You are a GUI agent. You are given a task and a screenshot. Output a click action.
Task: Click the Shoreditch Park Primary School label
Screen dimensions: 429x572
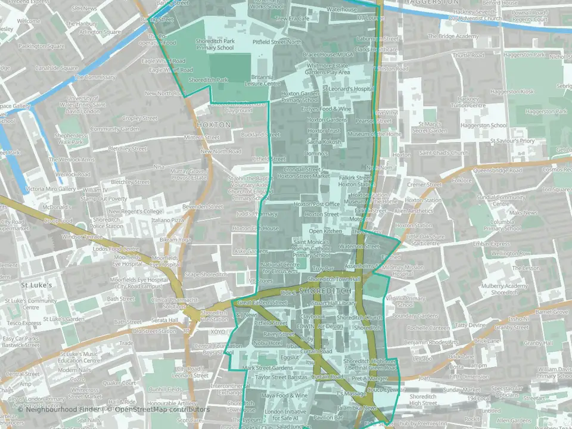pos(215,45)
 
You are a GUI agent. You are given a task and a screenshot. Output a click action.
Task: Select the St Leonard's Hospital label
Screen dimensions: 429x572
pos(347,88)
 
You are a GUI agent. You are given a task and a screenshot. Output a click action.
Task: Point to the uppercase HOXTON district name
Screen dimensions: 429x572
pos(213,125)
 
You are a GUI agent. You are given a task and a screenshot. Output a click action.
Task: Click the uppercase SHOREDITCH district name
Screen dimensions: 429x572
pos(322,290)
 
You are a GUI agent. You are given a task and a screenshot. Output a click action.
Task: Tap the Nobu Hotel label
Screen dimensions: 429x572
pos(266,343)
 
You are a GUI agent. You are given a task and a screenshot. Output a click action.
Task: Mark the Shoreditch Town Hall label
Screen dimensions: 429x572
pos(334,279)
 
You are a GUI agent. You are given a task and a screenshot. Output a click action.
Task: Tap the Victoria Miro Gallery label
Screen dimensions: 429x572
pos(50,189)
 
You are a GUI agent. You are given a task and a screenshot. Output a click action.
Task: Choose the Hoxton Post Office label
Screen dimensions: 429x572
pos(316,204)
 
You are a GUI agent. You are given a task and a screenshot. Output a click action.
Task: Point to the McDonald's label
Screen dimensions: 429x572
pos(58,206)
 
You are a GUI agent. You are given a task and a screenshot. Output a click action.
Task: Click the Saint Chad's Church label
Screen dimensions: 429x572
pos(444,153)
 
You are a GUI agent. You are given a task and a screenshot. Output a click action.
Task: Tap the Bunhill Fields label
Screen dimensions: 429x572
pos(165,389)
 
